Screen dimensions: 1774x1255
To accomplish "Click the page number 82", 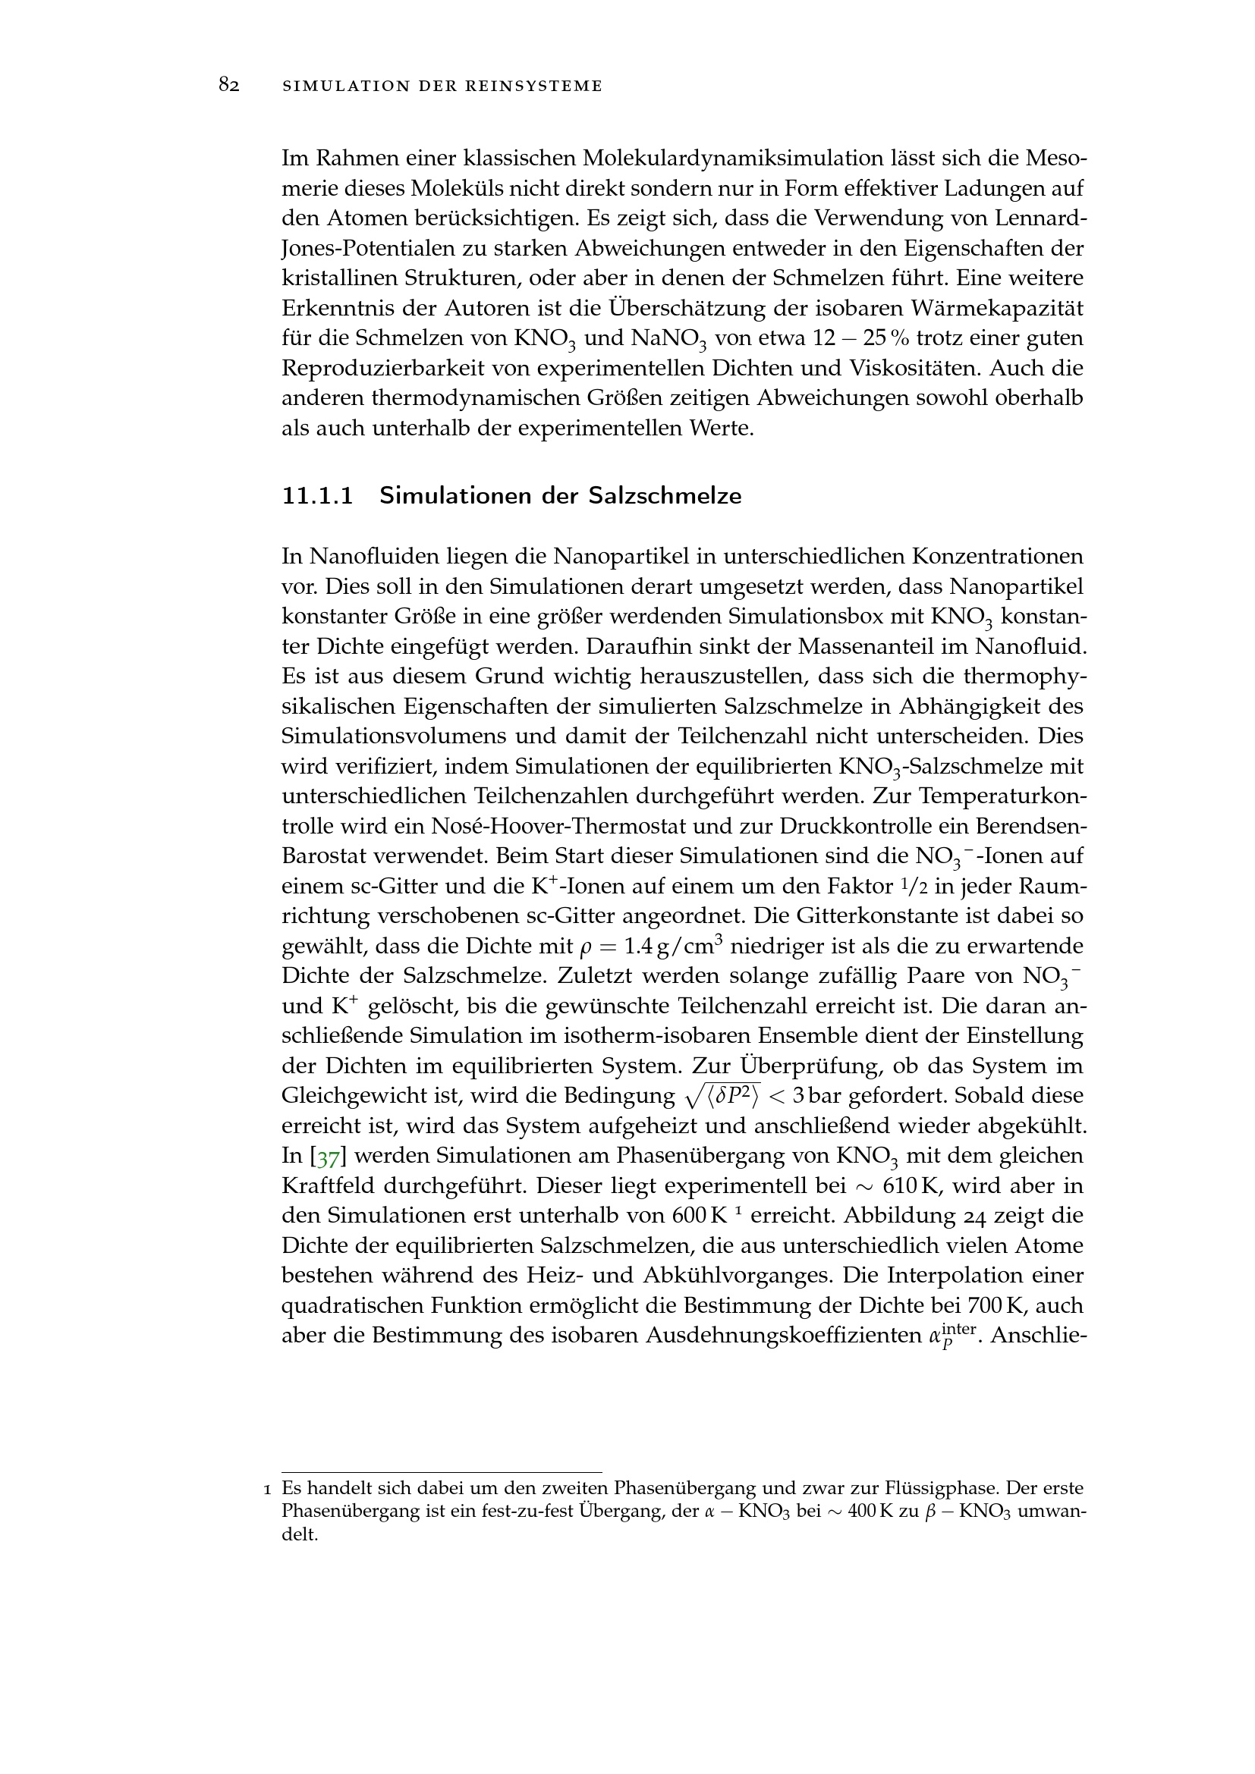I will (x=228, y=85).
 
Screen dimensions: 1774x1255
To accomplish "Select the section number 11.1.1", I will (x=318, y=495).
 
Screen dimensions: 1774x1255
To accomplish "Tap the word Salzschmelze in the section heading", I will (x=664, y=495).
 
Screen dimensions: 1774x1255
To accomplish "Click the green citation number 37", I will (x=328, y=1157).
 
